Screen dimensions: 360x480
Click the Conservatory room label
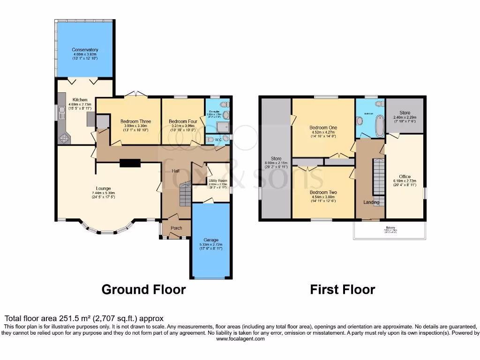(x=85, y=50)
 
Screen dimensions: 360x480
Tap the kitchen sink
(x=61, y=112)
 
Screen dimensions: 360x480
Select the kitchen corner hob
(x=63, y=138)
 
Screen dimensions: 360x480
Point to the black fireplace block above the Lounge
(x=130, y=163)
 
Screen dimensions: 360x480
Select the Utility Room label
(x=218, y=180)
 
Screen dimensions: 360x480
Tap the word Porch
(x=176, y=228)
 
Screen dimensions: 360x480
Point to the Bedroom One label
(x=323, y=127)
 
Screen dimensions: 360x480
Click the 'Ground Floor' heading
(x=143, y=290)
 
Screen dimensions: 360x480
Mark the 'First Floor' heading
(x=342, y=290)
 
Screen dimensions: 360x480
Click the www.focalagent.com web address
(x=240, y=338)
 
